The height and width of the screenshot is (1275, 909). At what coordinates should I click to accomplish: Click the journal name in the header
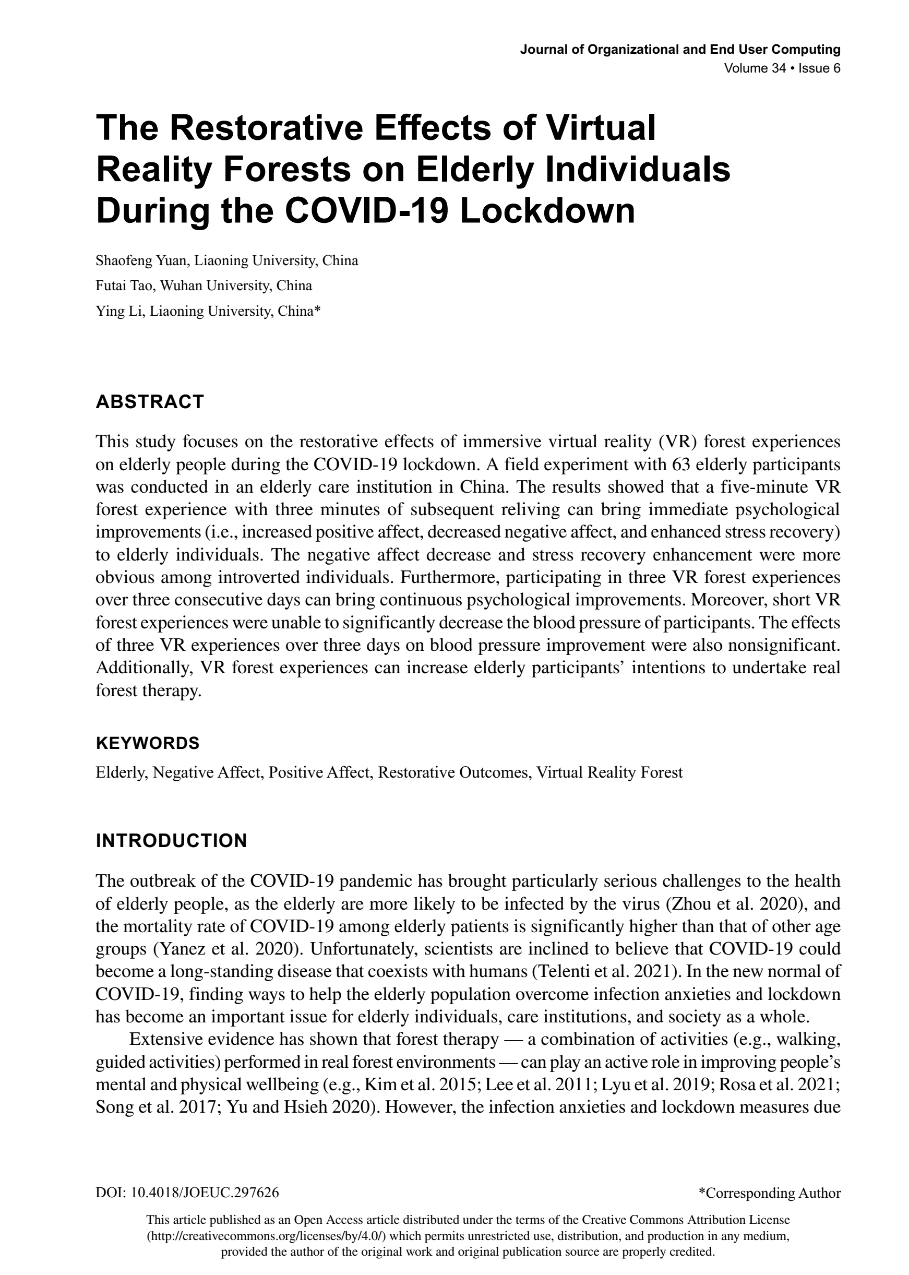point(680,50)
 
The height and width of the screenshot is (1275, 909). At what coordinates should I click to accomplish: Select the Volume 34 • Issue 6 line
point(782,69)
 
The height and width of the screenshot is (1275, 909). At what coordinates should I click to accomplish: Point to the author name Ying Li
point(118,311)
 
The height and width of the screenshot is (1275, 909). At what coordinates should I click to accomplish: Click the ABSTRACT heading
point(150,402)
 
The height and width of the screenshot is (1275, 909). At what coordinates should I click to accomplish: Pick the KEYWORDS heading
point(148,744)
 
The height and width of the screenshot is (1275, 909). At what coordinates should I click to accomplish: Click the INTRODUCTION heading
point(171,841)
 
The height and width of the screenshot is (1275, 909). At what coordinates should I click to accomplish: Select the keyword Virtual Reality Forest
point(609,773)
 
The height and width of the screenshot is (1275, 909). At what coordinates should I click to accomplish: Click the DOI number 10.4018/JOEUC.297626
point(205,1193)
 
